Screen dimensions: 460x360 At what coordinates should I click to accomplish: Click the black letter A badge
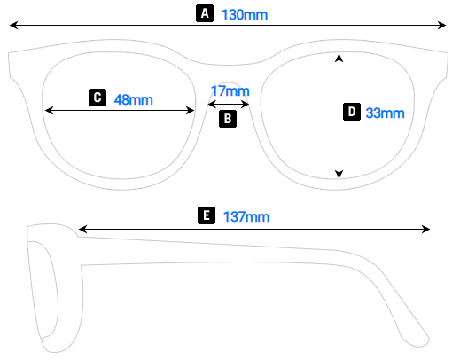click(205, 13)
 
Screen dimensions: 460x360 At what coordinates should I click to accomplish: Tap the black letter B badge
click(228, 119)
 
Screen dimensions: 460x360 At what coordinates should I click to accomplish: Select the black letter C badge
click(97, 98)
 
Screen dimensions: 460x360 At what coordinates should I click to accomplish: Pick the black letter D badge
click(352, 112)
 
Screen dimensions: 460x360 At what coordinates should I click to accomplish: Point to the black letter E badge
click(207, 215)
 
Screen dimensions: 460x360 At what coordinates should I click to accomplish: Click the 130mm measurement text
click(245, 15)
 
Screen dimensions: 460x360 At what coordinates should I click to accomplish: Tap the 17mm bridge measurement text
click(230, 90)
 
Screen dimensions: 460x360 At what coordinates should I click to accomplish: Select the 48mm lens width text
click(134, 99)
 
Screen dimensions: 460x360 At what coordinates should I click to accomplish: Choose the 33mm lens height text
click(386, 113)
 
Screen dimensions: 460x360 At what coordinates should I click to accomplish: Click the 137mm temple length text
click(246, 216)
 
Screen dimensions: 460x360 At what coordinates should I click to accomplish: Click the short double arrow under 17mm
click(229, 104)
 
